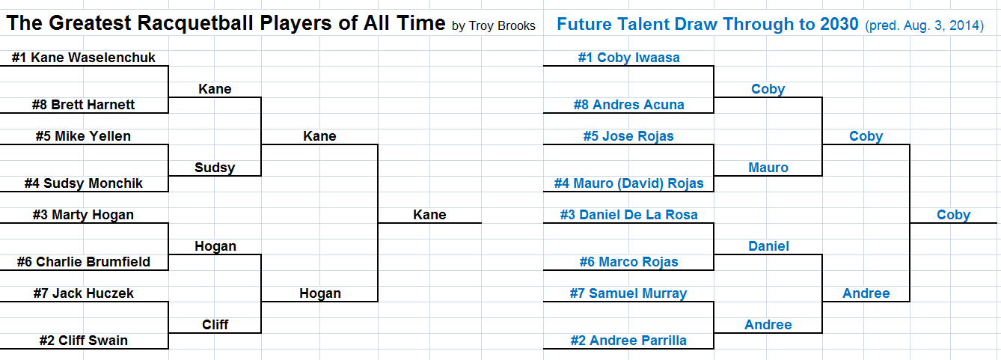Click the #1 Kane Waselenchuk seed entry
(84, 57)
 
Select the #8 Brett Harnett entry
(83, 105)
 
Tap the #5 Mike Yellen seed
(83, 136)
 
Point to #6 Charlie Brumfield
(84, 262)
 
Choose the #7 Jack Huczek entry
(84, 293)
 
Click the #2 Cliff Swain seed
(84, 341)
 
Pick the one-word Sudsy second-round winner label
(215, 168)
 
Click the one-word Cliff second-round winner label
(215, 324)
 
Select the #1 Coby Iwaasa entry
(628, 58)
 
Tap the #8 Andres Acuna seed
(628, 105)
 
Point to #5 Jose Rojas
(628, 136)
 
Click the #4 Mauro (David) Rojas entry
(628, 183)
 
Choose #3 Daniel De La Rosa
(628, 215)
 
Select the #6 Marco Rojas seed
(628, 262)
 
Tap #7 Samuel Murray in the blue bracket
(628, 293)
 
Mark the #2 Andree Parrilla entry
(628, 341)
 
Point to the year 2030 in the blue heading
(839, 24)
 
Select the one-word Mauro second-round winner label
(768, 168)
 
